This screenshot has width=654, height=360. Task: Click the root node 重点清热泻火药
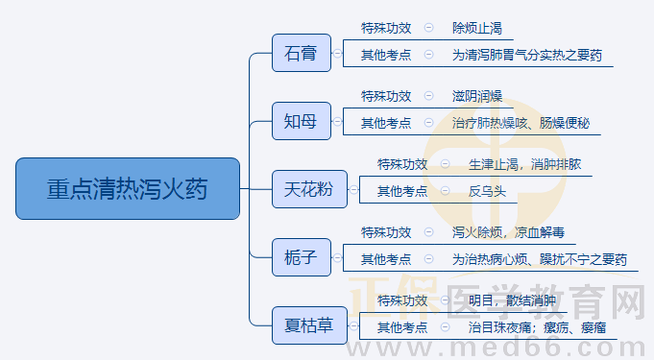(127, 188)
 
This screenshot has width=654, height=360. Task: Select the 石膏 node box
(301, 52)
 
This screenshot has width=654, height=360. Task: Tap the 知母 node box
(301, 120)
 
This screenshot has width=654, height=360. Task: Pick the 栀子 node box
(301, 256)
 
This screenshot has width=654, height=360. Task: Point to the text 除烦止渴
(477, 28)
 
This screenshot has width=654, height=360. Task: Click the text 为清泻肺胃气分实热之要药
(527, 56)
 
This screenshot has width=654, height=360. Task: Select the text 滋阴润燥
(477, 96)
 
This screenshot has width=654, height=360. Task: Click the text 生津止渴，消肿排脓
(524, 164)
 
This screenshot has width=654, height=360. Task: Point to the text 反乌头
(487, 191)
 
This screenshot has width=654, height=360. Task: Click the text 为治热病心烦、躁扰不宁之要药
(540, 259)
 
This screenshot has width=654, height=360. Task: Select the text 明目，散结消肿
(512, 300)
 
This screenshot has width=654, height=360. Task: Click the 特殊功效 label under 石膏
(386, 28)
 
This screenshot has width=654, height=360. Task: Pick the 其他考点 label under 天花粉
(402, 191)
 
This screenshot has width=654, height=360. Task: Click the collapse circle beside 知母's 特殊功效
(428, 96)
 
